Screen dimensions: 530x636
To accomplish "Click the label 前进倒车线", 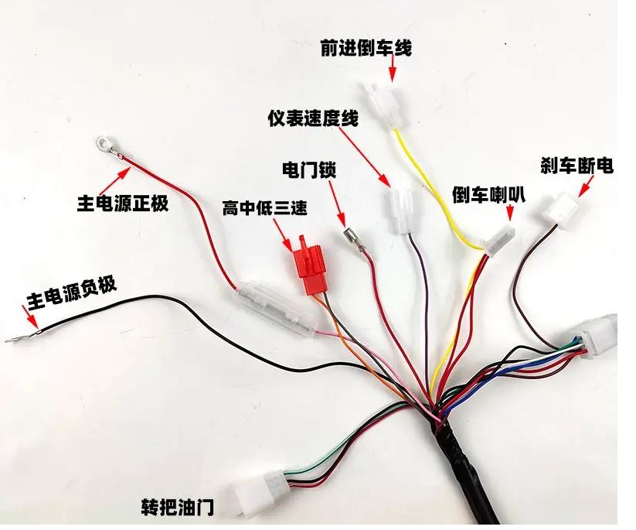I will click(x=366, y=48).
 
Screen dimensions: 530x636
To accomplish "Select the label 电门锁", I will click(x=310, y=168).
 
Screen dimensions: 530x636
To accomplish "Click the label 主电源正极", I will click(x=122, y=203).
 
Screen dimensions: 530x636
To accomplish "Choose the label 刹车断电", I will click(x=576, y=166).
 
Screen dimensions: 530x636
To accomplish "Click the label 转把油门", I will click(x=177, y=507).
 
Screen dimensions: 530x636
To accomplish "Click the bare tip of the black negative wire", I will click(x=15, y=339).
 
